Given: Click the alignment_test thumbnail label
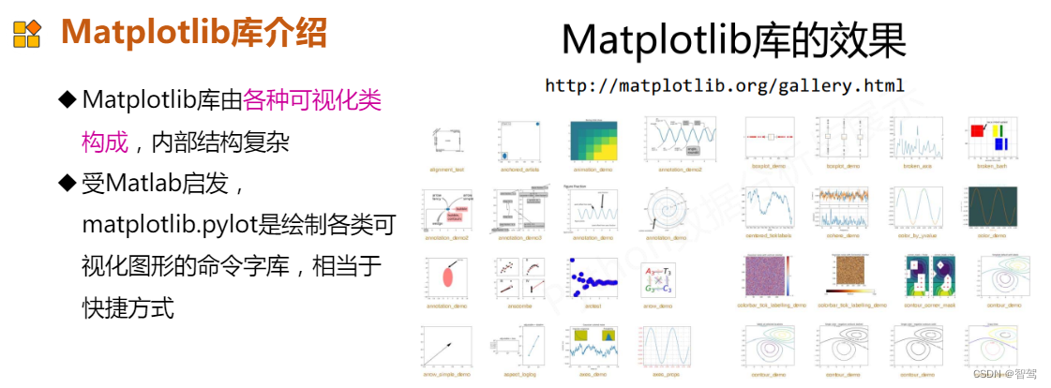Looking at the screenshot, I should [x=447, y=171].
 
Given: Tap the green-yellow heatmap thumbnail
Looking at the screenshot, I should [x=594, y=142].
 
